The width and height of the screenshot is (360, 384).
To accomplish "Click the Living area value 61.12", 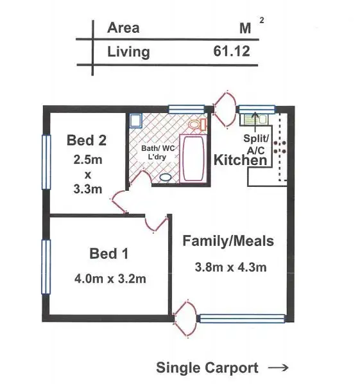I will pos(232,52).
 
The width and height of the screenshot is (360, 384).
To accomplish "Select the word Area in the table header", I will pos(123,28).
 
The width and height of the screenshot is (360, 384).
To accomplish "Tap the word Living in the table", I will pos(128,52).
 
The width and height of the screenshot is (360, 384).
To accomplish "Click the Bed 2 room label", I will pos(87,139).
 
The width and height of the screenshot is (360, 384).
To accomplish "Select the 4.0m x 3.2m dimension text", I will pos(109,279).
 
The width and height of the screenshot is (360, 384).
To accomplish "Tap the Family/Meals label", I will pos(228,241).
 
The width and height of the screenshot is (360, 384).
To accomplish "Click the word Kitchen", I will pos(239,160).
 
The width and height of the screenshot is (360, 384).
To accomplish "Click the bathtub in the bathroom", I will pos(193,158).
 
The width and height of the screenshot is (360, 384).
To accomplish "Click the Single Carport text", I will pos(207,368).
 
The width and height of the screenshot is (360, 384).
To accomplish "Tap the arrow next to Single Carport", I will pos(277,368).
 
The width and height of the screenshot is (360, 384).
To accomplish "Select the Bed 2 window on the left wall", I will pos(46,161).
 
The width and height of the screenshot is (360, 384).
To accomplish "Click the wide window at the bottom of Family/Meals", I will pos(242,318).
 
